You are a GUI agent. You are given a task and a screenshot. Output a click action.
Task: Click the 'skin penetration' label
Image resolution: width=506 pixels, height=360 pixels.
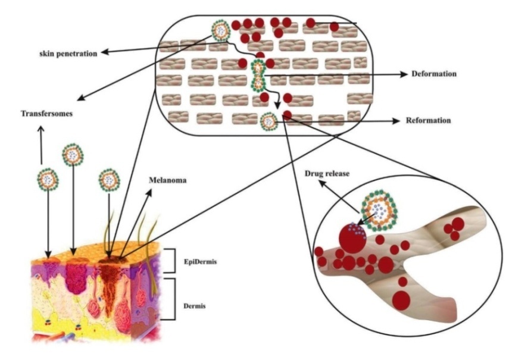(64, 54)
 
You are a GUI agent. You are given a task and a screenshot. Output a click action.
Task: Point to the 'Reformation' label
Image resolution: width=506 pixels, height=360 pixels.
(428, 121)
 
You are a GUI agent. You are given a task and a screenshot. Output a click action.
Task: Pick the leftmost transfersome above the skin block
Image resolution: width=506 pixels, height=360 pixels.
(48, 177)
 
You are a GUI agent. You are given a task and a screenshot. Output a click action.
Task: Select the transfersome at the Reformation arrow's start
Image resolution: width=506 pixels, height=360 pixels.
(269, 121)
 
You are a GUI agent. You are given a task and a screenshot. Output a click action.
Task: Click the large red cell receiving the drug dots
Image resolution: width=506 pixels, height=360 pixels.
(352, 237)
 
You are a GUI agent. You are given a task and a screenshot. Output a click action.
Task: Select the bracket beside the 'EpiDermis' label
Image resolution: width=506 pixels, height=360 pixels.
(171, 261)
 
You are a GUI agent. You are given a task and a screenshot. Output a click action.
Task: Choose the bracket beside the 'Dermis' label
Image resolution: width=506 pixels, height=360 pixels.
(171, 299)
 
